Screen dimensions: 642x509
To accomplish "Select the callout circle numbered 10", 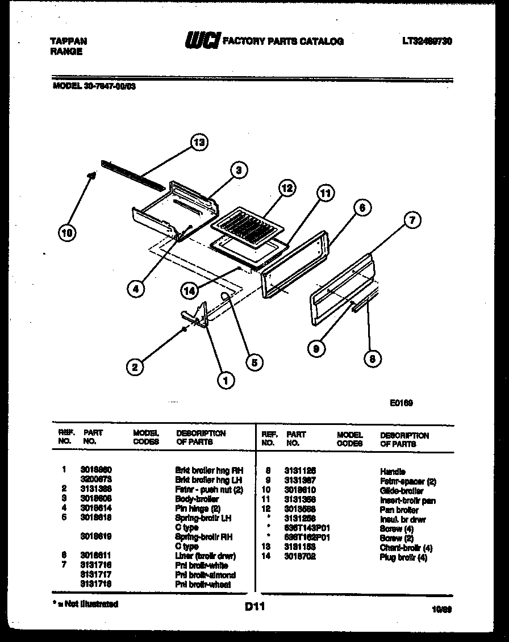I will click(68, 232).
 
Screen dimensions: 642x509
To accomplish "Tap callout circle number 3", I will click(239, 170).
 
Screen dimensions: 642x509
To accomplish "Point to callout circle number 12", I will click(287, 189).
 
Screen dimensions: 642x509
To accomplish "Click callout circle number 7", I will click(413, 219).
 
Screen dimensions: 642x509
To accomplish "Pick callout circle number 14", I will click(190, 290).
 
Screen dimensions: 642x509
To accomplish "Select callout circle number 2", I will click(135, 367).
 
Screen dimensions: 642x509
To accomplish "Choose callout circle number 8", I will click(372, 358).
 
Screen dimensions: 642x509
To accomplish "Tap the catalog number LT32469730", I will click(427, 41).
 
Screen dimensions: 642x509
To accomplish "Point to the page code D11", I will click(255, 607).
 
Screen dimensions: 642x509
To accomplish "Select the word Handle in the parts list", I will click(393, 471).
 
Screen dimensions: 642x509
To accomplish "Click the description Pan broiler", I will click(399, 510).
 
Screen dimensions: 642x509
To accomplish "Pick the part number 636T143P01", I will click(308, 528).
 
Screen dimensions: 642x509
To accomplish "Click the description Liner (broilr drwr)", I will click(205, 556).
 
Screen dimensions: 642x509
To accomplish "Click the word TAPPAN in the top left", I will click(69, 41).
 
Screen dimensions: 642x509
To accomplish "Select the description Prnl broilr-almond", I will click(205, 574).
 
